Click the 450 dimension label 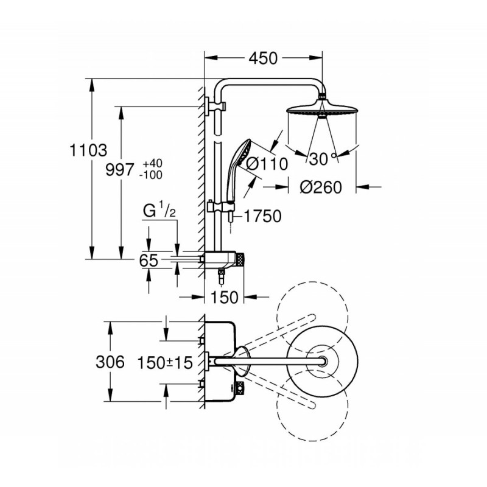point(263,58)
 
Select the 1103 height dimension point(88,150)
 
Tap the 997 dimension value point(120,170)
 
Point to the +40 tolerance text point(153,163)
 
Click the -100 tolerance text point(151,175)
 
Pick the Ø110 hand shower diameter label point(267,164)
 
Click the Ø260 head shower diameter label point(321,187)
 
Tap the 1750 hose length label point(263,216)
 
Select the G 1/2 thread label point(159,209)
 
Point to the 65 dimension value point(149,261)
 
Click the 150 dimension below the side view point(224,297)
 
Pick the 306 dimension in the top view point(110,362)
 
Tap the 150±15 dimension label point(165,363)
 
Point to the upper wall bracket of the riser point(215,107)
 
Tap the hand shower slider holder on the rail point(221,207)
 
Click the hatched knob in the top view point(240,387)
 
